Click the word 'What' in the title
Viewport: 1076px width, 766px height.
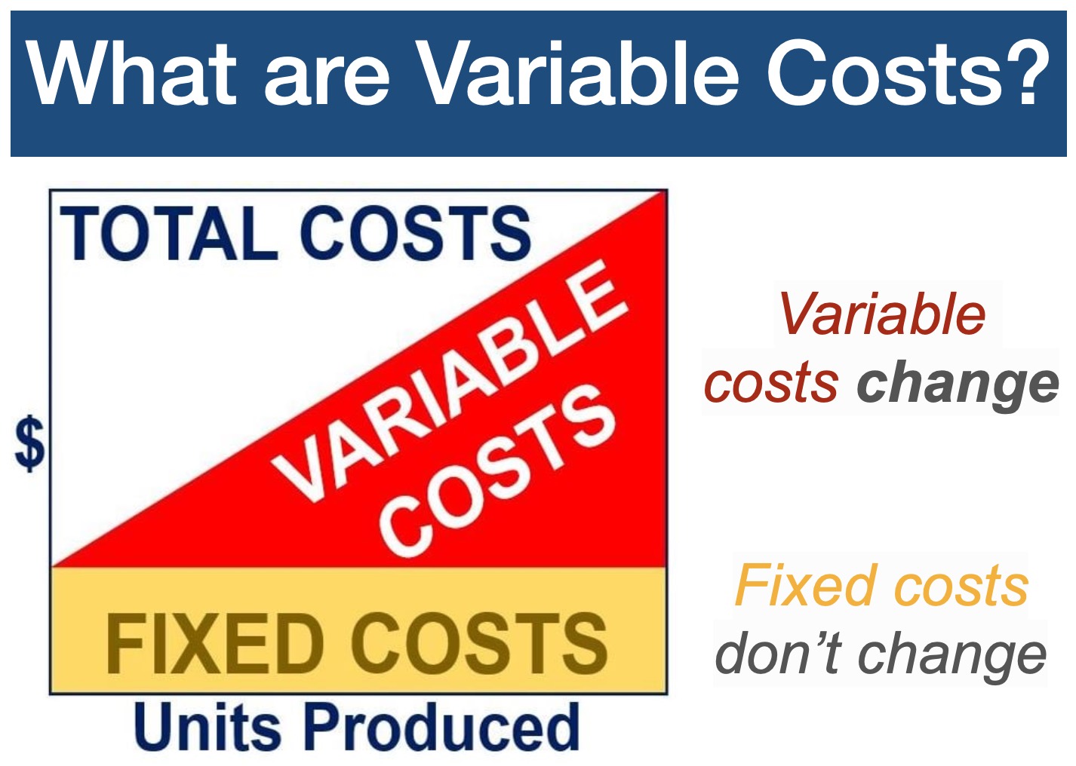coord(131,72)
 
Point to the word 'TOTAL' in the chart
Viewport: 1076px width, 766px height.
coord(168,233)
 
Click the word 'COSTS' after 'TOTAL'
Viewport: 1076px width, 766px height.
coord(416,233)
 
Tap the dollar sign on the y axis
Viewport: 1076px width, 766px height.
coord(30,443)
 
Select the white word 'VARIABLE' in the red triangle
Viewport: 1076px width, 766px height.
coord(449,381)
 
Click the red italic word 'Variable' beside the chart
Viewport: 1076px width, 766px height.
coord(882,314)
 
